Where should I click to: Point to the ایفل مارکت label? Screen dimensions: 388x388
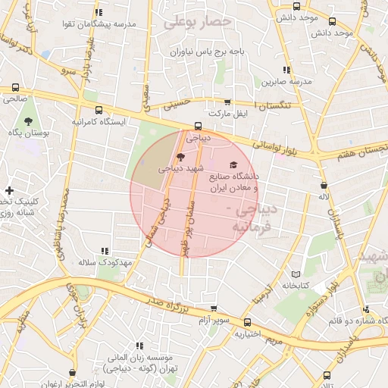click(229, 114)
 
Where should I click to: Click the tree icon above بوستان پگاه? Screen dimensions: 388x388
click(28, 121)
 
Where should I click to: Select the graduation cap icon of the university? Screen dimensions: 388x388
click(233, 165)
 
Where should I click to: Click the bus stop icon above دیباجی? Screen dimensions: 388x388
click(198, 127)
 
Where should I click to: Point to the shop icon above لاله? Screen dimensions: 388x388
click(324, 184)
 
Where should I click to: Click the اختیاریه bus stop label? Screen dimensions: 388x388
click(247, 333)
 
